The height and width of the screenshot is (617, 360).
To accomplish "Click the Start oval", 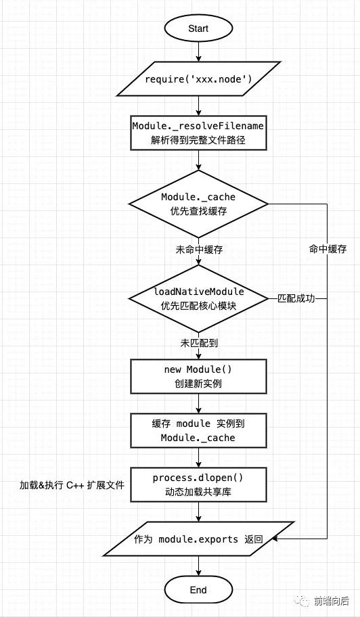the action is click(x=198, y=28).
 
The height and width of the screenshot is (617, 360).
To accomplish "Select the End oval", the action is click(x=198, y=590).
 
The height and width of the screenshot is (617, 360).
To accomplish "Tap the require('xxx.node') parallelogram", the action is click(x=198, y=78).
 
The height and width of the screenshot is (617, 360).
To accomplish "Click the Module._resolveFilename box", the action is click(x=198, y=133).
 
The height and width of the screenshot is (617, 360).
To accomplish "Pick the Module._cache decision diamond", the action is click(x=198, y=204).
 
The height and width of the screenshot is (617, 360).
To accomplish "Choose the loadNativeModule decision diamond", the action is click(x=198, y=298).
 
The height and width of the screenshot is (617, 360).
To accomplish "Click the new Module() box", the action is click(x=198, y=376).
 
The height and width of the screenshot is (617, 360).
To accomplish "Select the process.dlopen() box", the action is click(x=198, y=484).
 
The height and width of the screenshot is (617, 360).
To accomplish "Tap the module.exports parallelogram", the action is click(x=198, y=539).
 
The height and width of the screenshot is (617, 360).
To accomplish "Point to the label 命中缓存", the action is click(x=328, y=249).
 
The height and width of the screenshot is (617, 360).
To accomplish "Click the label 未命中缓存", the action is click(x=199, y=250).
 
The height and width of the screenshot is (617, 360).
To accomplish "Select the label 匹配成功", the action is click(x=296, y=298).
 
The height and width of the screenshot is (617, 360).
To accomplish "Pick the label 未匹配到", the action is click(x=199, y=343).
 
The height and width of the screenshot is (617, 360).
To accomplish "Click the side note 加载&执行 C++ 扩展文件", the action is click(x=72, y=485).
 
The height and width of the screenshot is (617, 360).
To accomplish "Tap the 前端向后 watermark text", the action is click(x=332, y=601).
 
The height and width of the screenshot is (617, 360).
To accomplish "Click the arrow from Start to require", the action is click(x=198, y=51).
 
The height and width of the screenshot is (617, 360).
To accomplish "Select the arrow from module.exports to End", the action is click(x=198, y=567).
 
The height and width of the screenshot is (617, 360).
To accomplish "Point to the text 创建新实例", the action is click(x=198, y=384).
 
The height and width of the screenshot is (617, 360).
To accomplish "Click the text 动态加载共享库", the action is click(x=198, y=492).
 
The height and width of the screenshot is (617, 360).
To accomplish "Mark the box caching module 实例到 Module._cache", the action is click(x=198, y=430).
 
